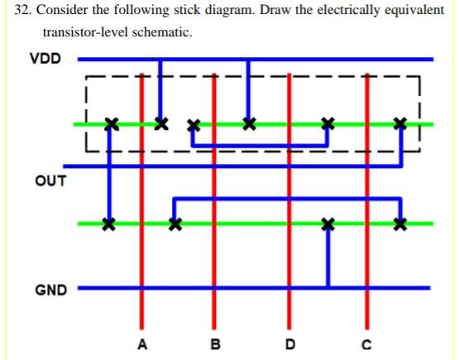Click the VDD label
click(x=45, y=60)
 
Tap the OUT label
click(x=50, y=180)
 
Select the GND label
click(x=50, y=290)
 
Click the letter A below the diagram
click(x=142, y=343)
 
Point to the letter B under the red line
click(x=216, y=343)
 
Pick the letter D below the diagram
click(x=289, y=343)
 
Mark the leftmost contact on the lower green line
click(x=107, y=223)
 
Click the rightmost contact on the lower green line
click(x=400, y=223)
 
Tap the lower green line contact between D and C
click(x=328, y=223)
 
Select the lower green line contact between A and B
click(x=174, y=223)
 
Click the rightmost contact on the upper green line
click(x=400, y=124)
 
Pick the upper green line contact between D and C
click(x=328, y=124)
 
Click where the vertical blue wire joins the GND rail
click(x=328, y=288)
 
